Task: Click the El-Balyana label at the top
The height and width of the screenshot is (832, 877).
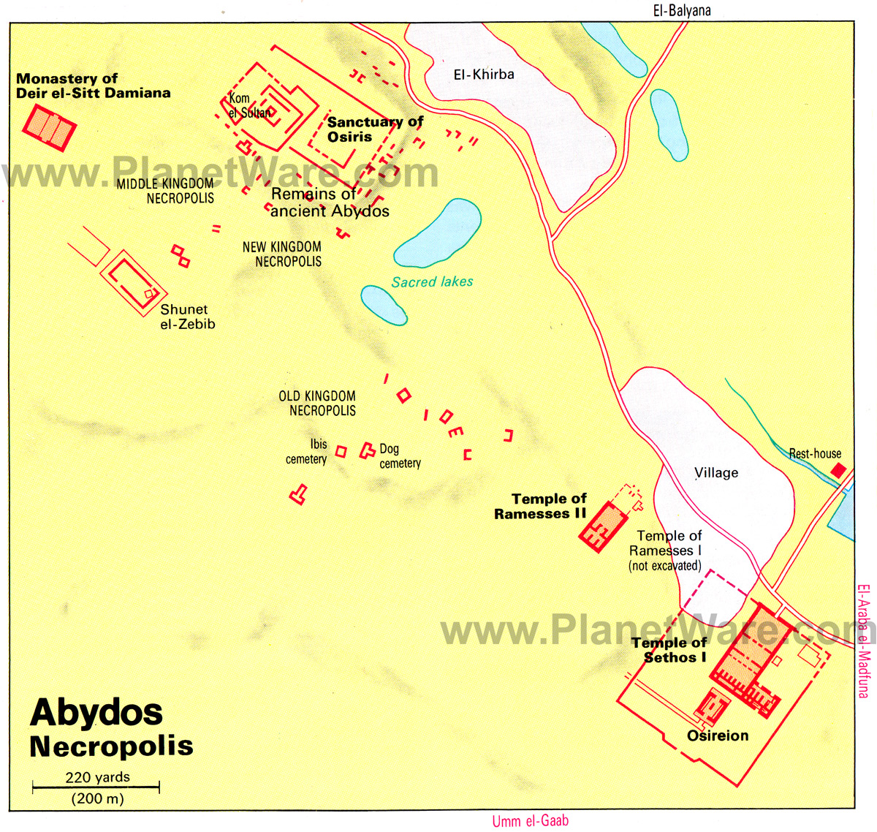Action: pos(681,10)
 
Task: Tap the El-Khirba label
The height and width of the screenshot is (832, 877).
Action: pos(484,75)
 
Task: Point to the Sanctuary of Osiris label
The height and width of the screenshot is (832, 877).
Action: pos(374,129)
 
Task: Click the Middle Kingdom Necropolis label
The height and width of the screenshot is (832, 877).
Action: pos(166,191)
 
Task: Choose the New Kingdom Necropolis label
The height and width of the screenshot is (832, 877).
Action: pos(282,254)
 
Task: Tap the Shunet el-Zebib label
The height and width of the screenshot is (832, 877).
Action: pos(187,317)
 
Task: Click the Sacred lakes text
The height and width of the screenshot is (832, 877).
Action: pos(432,282)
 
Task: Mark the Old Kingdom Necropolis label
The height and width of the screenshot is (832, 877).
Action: pos(317,403)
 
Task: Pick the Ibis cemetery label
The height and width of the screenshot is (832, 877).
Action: pos(307,452)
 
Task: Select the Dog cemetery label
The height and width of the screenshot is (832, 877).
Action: pos(399,455)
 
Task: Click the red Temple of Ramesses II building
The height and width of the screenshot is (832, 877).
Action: pos(604,526)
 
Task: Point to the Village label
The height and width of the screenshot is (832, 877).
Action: pos(716,473)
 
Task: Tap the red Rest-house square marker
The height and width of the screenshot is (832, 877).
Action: pos(838,470)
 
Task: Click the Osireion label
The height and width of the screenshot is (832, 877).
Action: pos(718,735)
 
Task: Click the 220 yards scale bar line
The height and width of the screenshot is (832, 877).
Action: pos(96,787)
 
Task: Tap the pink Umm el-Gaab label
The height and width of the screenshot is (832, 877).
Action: pos(530,821)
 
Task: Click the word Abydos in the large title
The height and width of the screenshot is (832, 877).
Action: pos(96,713)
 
